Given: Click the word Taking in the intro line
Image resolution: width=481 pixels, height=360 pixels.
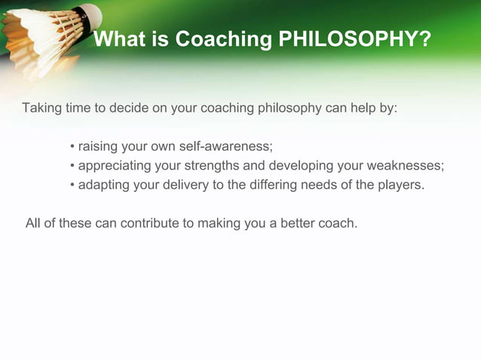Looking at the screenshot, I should (42, 107).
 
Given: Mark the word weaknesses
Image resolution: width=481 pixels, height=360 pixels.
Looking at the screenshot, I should (408, 166).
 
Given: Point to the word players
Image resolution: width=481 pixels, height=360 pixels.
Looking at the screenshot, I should (400, 185).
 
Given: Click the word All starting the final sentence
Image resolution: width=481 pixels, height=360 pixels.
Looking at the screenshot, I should (34, 224).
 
